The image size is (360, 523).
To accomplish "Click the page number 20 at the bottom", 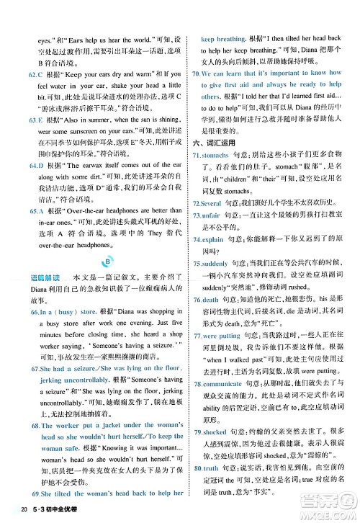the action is tap(24, 511).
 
